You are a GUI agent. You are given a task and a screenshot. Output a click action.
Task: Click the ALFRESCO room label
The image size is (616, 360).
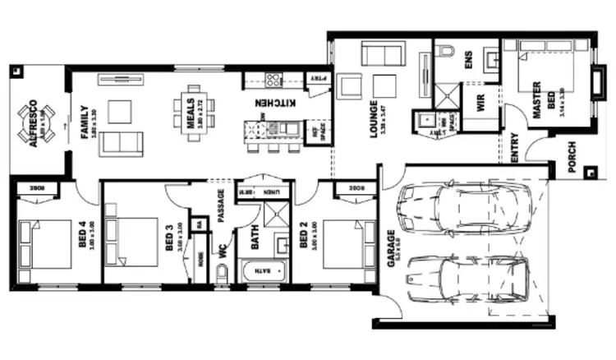pos(32,122)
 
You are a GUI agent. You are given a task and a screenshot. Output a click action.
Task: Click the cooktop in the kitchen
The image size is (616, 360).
pos(273,80)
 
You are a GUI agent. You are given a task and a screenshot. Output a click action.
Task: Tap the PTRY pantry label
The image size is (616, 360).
pos(317,80)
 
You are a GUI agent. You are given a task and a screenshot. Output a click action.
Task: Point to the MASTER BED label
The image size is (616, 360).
pos(537,99)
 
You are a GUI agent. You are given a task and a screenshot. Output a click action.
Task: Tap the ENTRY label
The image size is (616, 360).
pos(514,147)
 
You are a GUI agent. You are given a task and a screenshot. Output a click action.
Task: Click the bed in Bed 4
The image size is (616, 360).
pos(45,243)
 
